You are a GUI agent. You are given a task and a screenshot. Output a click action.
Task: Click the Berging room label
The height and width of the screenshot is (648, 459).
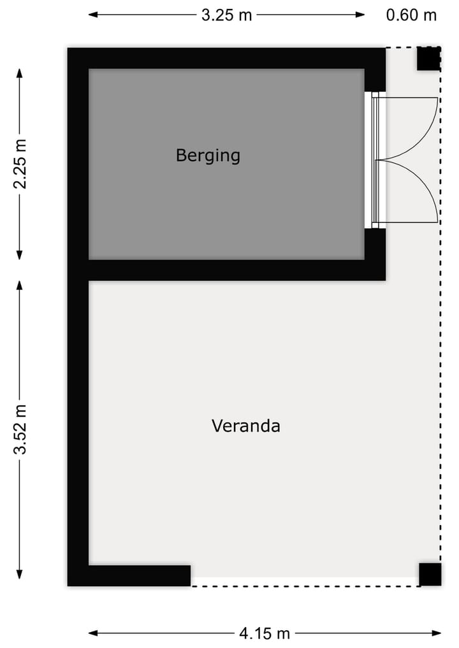click(x=208, y=155)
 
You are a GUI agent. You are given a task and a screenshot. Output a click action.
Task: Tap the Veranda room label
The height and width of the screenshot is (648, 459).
click(x=245, y=426)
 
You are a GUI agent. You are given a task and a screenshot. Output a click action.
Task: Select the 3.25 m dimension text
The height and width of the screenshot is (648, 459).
click(x=226, y=15)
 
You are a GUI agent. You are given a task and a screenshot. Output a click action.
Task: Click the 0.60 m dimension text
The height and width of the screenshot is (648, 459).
click(x=411, y=15)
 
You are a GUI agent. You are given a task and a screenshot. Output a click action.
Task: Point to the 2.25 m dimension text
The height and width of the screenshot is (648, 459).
click(x=20, y=164)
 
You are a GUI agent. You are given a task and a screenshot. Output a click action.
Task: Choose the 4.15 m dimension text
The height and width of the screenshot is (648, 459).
click(x=264, y=633)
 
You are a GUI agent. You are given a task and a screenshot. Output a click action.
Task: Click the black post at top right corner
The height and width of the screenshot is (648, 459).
click(x=428, y=59)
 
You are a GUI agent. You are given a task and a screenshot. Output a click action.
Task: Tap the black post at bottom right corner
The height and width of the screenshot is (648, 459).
click(x=430, y=574)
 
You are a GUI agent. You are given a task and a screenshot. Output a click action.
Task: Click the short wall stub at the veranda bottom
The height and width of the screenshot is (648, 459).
click(x=140, y=575)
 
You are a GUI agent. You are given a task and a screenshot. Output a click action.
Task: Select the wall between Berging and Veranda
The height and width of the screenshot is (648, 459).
click(x=236, y=270)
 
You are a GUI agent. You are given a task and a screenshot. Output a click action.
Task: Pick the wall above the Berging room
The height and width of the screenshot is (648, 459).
click(x=226, y=58)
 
